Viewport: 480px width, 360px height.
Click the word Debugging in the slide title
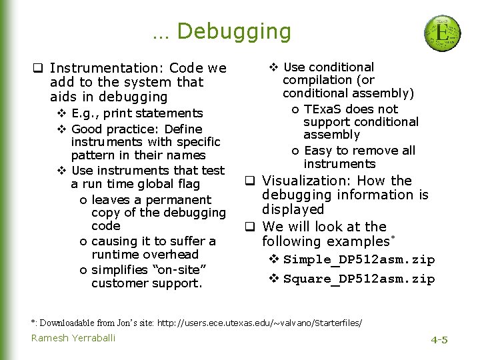pos(234,31)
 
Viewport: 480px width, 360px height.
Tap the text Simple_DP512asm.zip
pos(359,260)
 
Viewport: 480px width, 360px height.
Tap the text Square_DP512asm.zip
pos(359,279)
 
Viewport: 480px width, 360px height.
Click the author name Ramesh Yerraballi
pos(73,338)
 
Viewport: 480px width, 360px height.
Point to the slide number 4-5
pos(439,340)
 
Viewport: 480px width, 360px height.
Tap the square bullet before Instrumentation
pos(39,68)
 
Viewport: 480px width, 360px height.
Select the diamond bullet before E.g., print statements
pos(61,113)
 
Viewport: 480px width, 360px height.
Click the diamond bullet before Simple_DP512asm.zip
pos(273,260)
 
